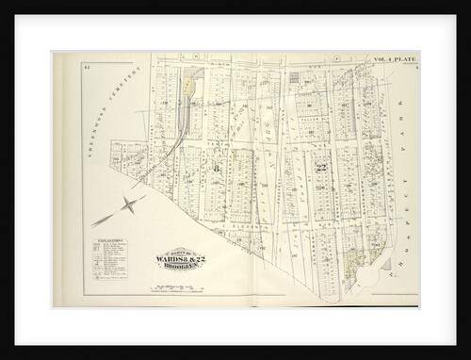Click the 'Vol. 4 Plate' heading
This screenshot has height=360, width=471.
394,59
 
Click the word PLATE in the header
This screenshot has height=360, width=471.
404,59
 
